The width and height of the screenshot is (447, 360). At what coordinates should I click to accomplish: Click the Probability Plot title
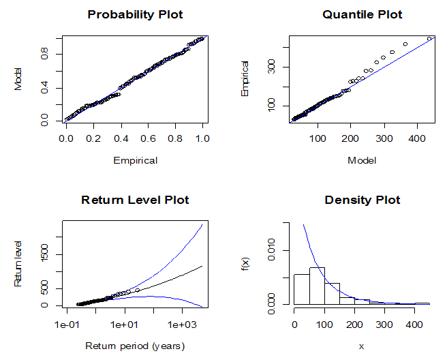pos(135,14)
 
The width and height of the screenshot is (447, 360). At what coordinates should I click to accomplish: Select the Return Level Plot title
pos(135,200)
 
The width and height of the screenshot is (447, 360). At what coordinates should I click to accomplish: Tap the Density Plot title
pos(362,200)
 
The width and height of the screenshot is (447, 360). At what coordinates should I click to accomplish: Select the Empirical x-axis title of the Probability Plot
pos(135,161)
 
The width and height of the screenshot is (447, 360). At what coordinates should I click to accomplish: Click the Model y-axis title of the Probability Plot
pos(19,78)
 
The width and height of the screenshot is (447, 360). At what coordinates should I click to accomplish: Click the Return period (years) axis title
pos(135,346)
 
